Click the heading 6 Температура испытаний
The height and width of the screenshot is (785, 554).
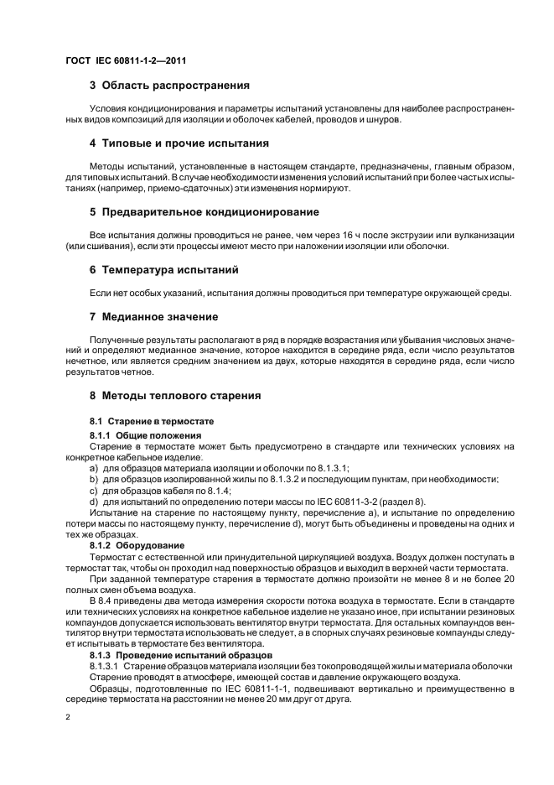(x=164, y=270)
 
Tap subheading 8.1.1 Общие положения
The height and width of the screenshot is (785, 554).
(x=146, y=436)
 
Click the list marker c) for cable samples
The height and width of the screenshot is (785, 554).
(x=94, y=490)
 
